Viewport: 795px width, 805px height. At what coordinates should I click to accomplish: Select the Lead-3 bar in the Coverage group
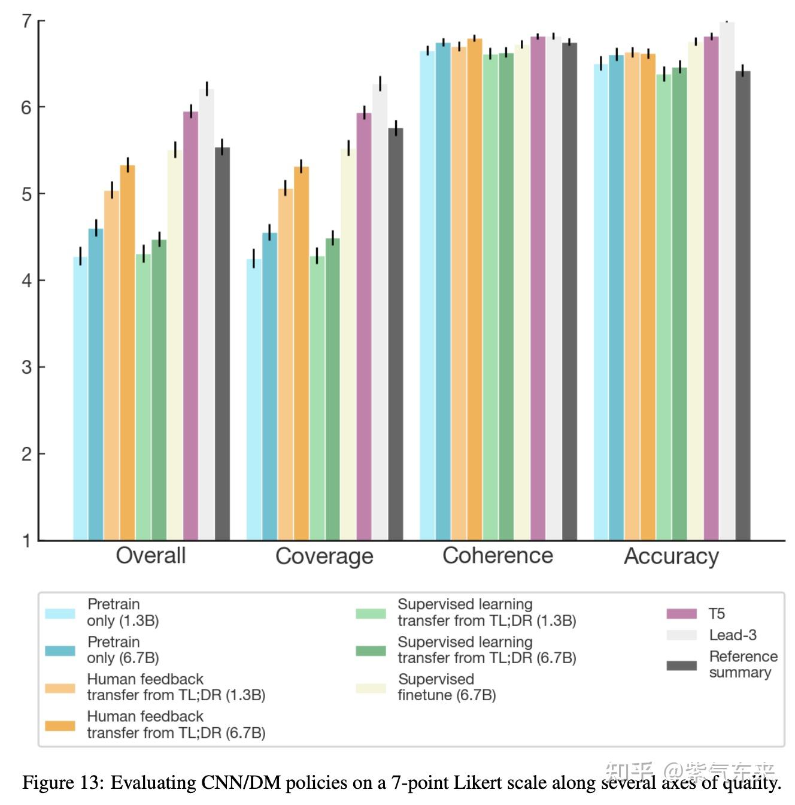(x=380, y=311)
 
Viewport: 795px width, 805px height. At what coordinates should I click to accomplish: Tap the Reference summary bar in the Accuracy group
(x=743, y=305)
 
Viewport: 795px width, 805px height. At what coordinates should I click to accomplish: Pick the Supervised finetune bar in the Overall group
(x=175, y=344)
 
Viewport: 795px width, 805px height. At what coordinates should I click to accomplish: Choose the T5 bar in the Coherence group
(x=538, y=287)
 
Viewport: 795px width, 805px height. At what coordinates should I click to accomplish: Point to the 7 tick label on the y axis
(x=26, y=22)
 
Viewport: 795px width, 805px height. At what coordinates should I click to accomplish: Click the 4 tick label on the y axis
(x=26, y=280)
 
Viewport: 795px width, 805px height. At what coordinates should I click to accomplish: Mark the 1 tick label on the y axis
(x=26, y=541)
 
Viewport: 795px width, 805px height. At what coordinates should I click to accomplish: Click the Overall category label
(x=151, y=556)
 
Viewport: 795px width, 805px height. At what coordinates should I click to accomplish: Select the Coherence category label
(x=497, y=556)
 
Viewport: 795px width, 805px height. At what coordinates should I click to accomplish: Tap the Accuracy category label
(x=671, y=556)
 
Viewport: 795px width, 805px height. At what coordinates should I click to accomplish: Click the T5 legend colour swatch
(x=681, y=614)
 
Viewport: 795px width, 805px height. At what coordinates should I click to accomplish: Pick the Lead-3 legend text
(x=733, y=635)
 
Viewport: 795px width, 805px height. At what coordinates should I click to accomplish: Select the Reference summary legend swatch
(x=681, y=665)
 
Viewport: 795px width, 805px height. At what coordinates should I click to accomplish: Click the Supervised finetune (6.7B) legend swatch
(x=371, y=688)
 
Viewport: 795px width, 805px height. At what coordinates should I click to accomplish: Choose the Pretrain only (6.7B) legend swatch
(x=60, y=651)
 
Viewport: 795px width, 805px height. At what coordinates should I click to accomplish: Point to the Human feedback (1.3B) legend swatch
(x=60, y=688)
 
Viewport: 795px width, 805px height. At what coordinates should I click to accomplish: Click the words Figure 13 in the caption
(x=63, y=783)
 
